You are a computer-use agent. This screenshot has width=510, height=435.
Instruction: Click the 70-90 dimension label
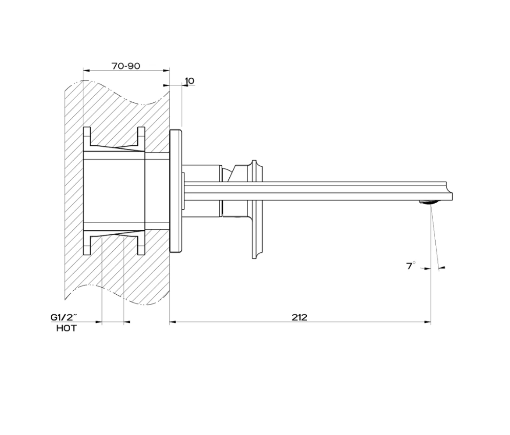point(126,66)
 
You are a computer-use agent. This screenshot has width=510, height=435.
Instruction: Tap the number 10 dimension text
point(189,81)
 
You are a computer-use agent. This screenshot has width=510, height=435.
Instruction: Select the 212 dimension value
point(299,317)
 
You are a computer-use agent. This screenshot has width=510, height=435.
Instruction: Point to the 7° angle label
point(411,265)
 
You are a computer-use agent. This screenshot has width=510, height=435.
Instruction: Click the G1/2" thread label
point(63,317)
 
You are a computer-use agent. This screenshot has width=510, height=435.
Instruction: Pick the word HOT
point(67,329)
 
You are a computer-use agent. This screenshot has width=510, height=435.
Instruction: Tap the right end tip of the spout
point(452,195)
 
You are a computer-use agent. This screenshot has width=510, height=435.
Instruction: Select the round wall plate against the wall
point(176,190)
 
